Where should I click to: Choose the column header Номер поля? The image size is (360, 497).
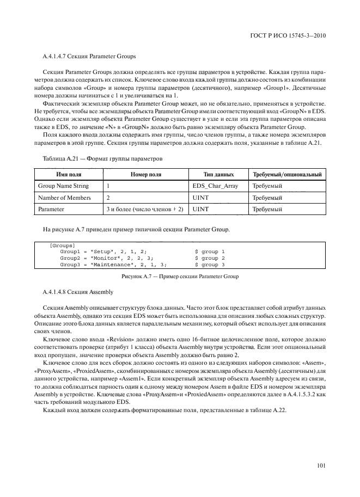(146, 175)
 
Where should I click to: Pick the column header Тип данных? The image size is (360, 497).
(218, 175)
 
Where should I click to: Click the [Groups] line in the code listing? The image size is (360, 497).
(63, 245)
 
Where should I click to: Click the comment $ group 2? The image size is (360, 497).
(210, 258)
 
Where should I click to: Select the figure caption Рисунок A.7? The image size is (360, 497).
(179, 277)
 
